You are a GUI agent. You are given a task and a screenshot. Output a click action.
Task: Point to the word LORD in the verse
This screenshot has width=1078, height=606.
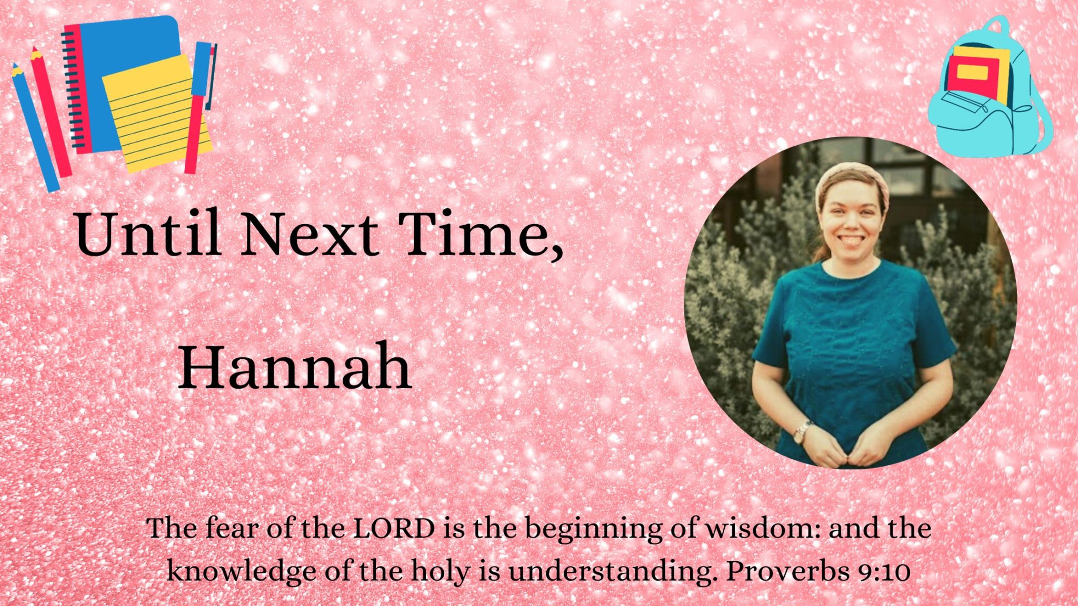(x=394, y=528)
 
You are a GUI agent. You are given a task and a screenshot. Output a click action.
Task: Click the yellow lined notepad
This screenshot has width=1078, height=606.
(x=157, y=113)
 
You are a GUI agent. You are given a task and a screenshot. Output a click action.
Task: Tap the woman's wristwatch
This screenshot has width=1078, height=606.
(x=802, y=432)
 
